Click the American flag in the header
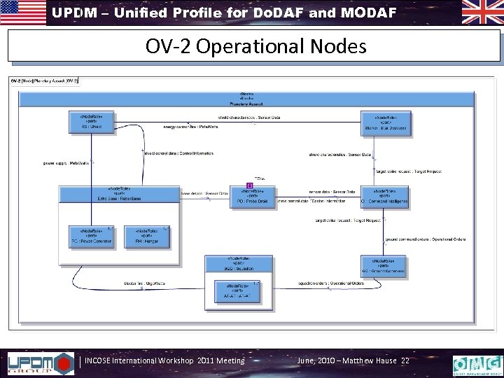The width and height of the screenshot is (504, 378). point(23,13)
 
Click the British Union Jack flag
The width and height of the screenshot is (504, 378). point(482,13)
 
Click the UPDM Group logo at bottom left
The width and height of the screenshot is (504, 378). point(40,363)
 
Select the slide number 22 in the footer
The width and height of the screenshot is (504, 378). point(405,360)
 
